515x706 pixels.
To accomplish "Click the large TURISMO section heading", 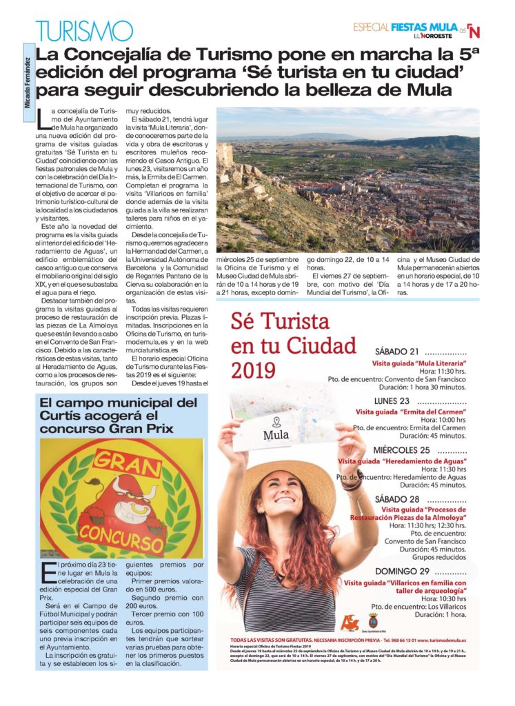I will point(84,30).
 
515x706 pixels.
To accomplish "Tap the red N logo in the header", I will point(474,31).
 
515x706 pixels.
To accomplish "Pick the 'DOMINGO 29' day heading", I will point(401,572).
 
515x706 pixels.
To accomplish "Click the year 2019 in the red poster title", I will point(253,371).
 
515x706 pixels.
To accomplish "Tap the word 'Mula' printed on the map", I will point(276,435).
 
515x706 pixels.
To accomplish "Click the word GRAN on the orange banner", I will point(119,460).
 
